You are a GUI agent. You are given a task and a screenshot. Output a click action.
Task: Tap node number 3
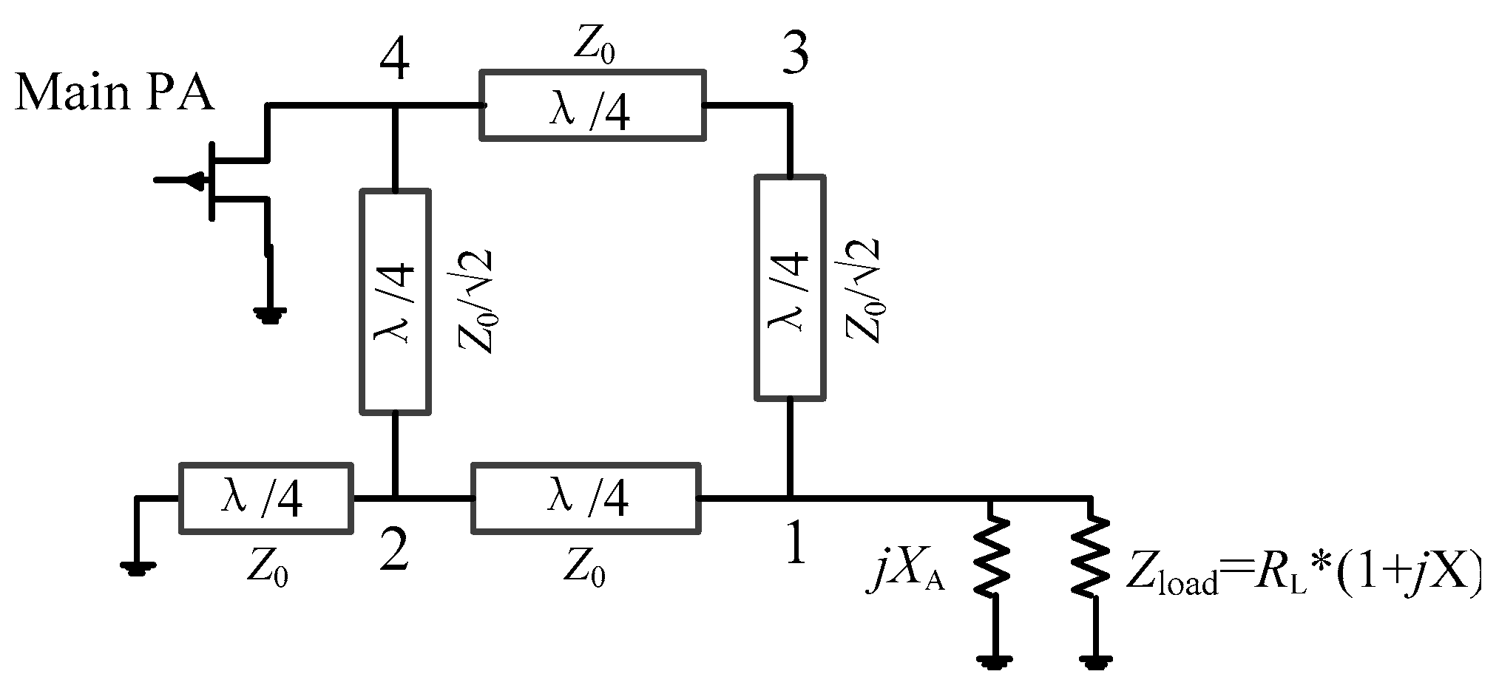click(795, 55)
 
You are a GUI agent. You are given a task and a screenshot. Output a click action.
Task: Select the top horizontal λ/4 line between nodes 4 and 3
click(592, 104)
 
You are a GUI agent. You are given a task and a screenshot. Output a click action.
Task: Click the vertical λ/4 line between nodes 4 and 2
click(395, 301)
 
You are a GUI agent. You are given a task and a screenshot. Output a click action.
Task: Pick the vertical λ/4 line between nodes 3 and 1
click(790, 288)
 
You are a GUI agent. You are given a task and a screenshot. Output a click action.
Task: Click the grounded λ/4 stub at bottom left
click(265, 498)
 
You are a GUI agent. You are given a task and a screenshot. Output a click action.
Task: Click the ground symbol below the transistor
click(269, 316)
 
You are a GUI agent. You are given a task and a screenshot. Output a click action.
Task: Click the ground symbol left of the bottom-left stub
click(138, 568)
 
